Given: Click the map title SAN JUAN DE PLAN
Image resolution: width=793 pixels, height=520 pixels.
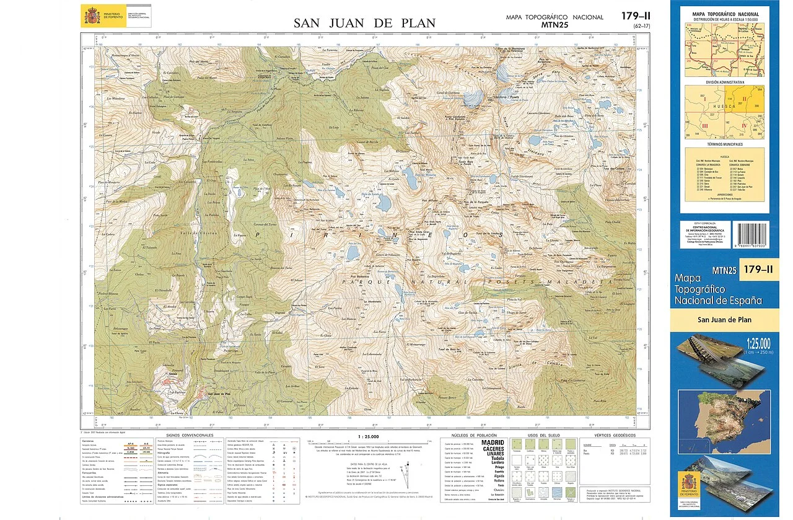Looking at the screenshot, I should [x=364, y=24].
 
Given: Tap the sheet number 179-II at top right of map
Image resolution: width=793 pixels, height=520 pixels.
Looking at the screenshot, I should [x=636, y=16].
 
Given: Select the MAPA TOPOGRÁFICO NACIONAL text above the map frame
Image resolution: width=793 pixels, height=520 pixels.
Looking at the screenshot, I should [x=554, y=17].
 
